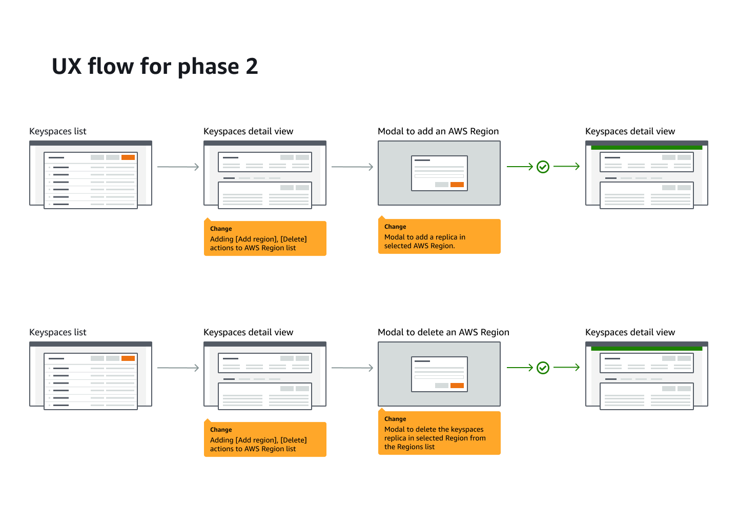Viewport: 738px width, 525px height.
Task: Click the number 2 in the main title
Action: coord(252,67)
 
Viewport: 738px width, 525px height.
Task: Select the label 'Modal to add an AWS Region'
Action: coord(438,131)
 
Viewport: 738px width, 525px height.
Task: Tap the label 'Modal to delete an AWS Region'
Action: coord(443,332)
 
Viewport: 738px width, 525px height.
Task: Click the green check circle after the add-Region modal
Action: coord(543,167)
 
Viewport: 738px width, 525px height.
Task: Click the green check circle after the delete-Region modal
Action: coord(543,368)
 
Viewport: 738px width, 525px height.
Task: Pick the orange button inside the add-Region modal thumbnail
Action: coord(457,185)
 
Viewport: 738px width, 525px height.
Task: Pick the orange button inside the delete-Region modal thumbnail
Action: coord(457,386)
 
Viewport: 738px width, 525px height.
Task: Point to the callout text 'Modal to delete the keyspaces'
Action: coord(434,429)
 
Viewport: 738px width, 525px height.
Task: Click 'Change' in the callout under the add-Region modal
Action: coord(395,227)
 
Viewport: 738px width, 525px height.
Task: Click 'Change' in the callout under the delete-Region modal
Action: coord(395,419)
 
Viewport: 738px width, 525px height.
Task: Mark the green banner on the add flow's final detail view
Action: coord(646,148)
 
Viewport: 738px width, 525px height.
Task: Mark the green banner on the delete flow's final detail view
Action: coord(646,349)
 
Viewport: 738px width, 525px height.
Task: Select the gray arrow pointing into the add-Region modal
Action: coord(352,167)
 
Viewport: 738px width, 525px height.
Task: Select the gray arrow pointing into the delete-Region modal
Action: coord(352,368)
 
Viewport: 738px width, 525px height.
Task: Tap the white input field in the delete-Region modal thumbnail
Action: coord(439,377)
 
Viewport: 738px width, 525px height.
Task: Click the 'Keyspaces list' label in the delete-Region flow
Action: coord(58,332)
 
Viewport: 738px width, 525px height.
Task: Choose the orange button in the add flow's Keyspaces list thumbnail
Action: coord(128,157)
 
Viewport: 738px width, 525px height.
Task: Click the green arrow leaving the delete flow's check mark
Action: coord(566,368)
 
